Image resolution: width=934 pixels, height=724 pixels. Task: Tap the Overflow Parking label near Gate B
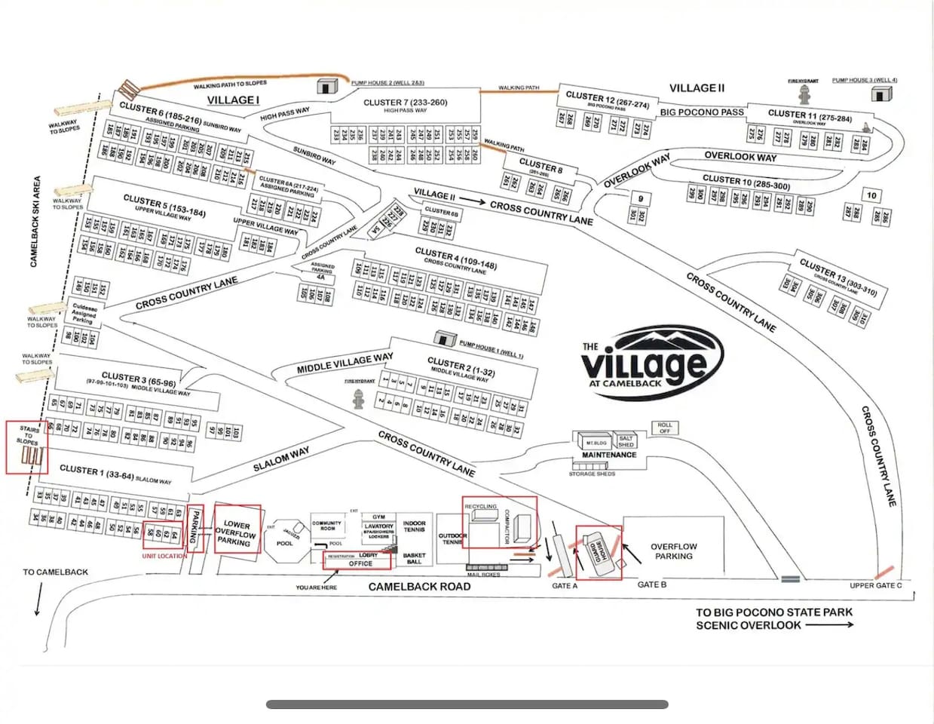673,551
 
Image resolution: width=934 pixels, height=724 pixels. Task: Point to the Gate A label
565,586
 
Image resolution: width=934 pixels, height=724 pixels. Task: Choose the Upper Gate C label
875,585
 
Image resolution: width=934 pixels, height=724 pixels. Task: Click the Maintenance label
608,456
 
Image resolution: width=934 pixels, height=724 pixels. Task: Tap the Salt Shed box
626,441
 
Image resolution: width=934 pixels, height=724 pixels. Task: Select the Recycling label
481,507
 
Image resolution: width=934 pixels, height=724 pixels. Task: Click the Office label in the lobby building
360,563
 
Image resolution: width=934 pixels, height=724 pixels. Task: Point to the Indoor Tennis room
414,526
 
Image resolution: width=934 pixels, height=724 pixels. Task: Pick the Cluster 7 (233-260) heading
405,103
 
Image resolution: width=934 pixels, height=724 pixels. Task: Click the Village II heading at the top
697,88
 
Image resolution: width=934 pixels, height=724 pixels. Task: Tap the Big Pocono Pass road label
701,112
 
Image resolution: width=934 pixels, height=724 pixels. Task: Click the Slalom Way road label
280,458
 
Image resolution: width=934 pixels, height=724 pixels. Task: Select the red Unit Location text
164,556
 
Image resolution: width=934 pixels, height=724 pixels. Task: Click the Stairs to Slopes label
29,435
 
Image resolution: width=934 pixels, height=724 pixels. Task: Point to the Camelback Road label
419,586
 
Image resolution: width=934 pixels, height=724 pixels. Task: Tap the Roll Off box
664,428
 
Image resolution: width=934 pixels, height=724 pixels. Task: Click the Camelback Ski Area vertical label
35,222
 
